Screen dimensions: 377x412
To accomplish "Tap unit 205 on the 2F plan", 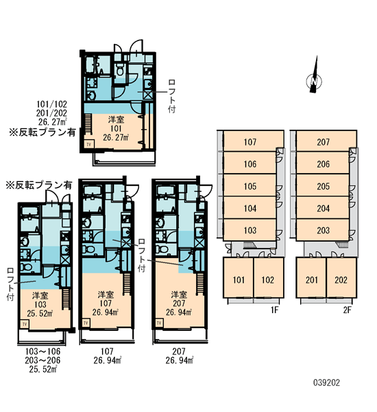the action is click(x=323, y=187).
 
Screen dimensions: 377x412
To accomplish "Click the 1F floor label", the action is click(x=274, y=310).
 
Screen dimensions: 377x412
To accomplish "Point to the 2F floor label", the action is click(x=347, y=310).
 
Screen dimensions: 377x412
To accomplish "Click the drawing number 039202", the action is click(x=327, y=382).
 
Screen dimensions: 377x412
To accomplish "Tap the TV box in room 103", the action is click(x=25, y=324).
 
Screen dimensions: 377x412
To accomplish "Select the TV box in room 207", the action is click(x=159, y=323).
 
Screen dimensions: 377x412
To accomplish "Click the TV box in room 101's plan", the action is click(x=88, y=144).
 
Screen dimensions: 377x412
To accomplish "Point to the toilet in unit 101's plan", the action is click(x=120, y=71).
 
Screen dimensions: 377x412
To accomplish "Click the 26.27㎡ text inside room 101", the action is click(x=116, y=137).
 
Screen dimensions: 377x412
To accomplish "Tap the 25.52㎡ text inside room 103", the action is click(x=40, y=314).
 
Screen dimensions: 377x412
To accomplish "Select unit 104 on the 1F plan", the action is click(x=250, y=208).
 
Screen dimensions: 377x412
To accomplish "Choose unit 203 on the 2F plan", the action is click(x=323, y=230).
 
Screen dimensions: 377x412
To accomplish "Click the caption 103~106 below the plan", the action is click(x=42, y=351).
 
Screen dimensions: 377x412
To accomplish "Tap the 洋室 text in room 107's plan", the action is click(x=106, y=295).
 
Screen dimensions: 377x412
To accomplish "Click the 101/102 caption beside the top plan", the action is click(x=51, y=104).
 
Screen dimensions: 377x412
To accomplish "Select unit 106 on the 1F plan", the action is click(x=250, y=164).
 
